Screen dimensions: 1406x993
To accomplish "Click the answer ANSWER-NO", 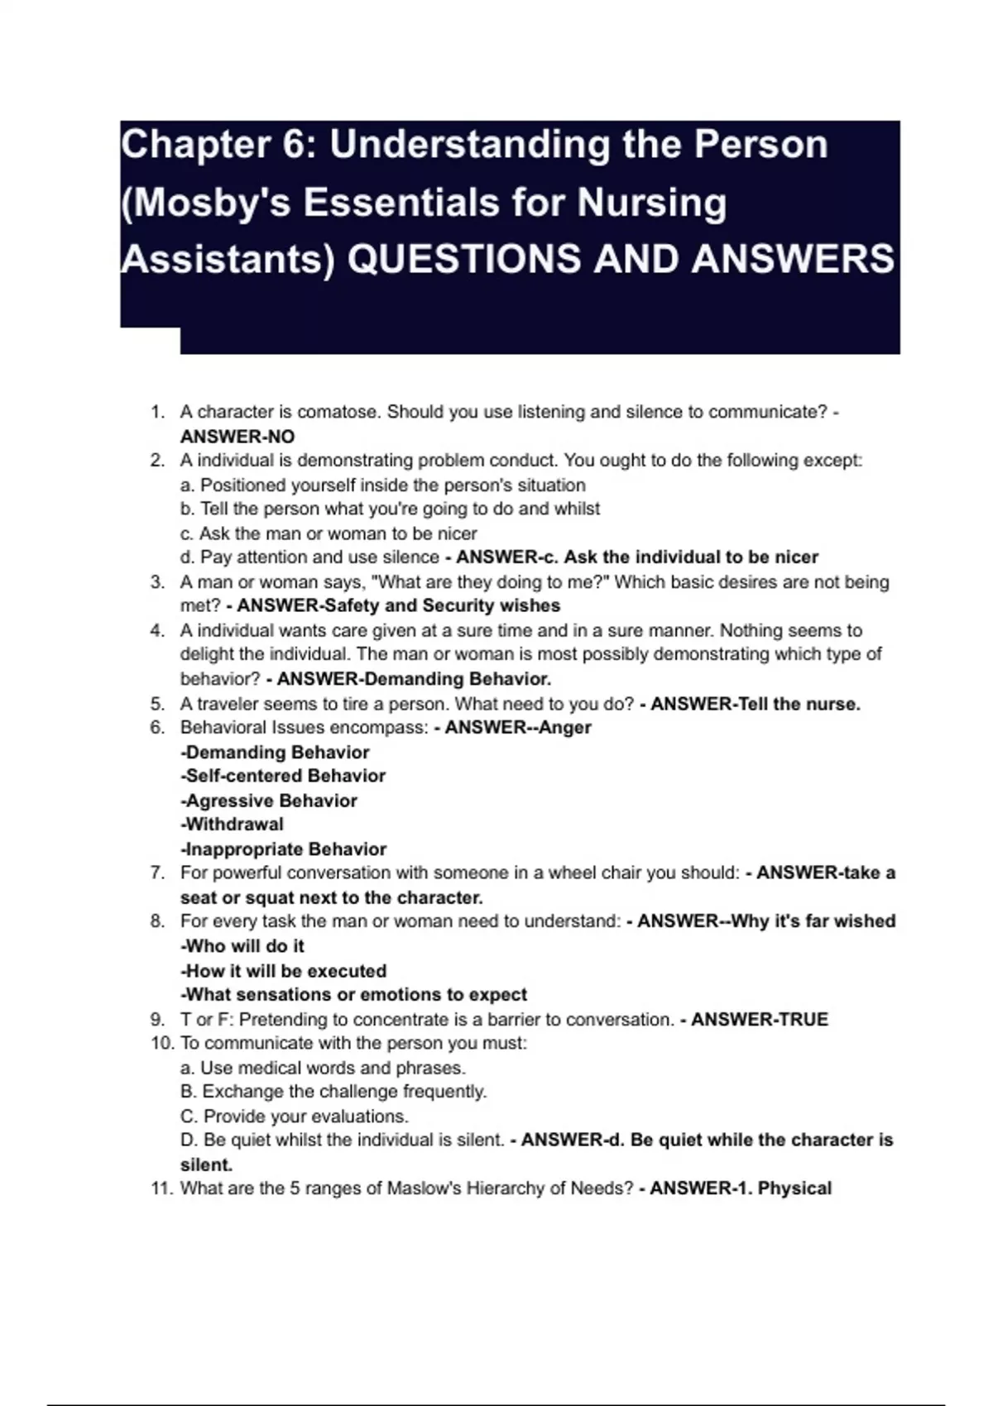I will point(237,437).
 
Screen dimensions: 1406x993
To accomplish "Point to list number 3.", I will point(157,582).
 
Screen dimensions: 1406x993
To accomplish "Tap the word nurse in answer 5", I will point(832,704).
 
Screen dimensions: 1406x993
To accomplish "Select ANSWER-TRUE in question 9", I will point(759,1020).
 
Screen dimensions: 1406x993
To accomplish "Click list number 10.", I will point(161,1044).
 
